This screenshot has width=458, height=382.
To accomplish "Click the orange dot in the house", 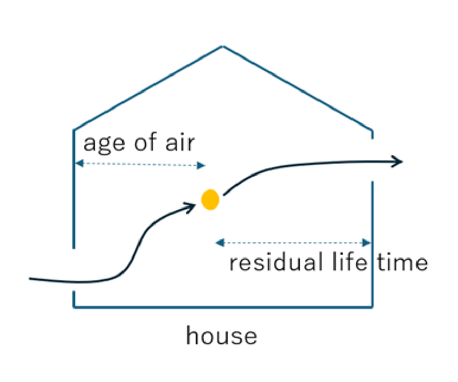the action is click(x=211, y=199).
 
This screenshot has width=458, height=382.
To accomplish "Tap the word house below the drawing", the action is click(x=221, y=336).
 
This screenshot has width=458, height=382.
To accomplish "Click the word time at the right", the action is click(x=402, y=263).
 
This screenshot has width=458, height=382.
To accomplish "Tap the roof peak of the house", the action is click(x=223, y=46).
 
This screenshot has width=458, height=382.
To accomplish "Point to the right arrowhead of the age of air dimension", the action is click(x=201, y=166).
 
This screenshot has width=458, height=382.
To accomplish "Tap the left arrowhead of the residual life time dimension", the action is click(x=219, y=243).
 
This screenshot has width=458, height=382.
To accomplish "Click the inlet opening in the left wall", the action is click(x=74, y=270).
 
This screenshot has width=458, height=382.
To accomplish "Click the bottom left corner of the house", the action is click(x=74, y=307).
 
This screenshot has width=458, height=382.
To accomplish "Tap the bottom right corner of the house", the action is click(x=373, y=307).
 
